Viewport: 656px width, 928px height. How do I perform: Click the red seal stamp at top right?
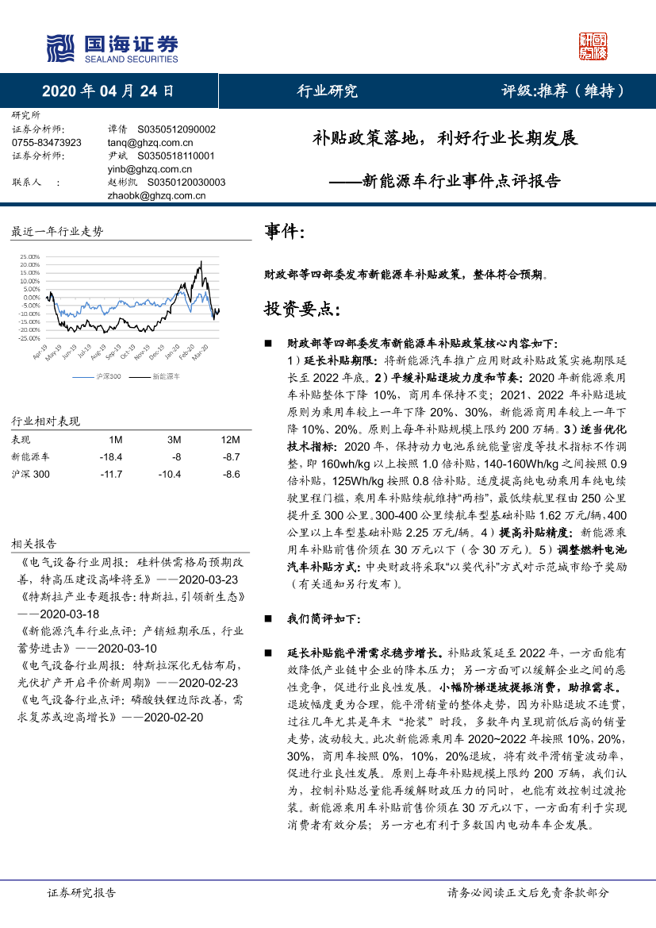[x=593, y=47]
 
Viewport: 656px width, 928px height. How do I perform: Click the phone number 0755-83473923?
[x=47, y=142]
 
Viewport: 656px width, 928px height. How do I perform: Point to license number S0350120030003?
[x=181, y=182]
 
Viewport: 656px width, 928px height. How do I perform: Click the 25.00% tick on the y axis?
[x=29, y=256]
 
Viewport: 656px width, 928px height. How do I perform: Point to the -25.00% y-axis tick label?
[x=29, y=339]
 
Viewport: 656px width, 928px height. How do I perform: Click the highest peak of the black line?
[x=201, y=261]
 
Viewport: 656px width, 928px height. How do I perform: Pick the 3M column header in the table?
[x=174, y=439]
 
